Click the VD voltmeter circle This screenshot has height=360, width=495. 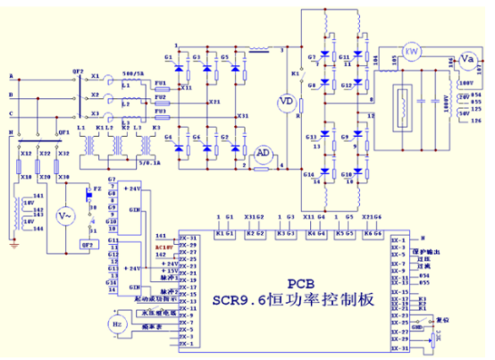pos(287,102)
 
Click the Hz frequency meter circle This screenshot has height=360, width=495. pos(118,322)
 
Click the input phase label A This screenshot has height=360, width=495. pos(10,76)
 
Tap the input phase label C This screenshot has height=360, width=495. pos(10,113)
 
